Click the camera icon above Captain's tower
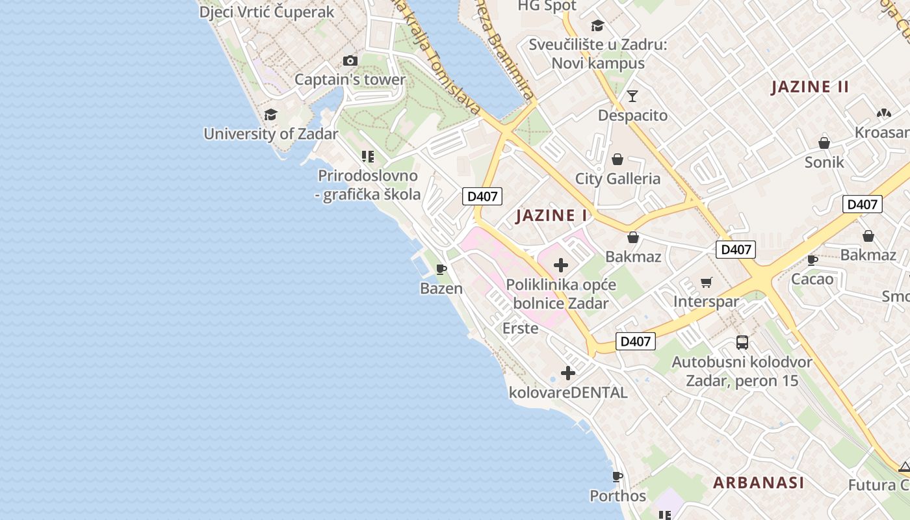click(x=350, y=60)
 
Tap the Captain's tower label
click(x=350, y=80)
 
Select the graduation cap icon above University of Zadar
click(x=270, y=115)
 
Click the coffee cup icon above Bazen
click(x=441, y=269)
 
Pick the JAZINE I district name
click(x=551, y=216)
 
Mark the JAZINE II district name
click(x=810, y=87)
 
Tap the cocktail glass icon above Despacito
click(x=632, y=96)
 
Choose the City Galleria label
click(x=617, y=179)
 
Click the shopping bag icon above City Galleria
click(x=617, y=159)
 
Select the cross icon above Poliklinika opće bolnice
click(x=561, y=265)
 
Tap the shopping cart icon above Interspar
click(x=707, y=282)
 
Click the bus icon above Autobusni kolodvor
click(x=742, y=342)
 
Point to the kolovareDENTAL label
click(x=568, y=393)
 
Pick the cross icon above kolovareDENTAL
click(x=568, y=373)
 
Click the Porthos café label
click(x=617, y=496)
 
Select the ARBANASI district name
click(x=759, y=483)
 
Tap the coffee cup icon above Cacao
click(x=812, y=260)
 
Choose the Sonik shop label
click(x=824, y=162)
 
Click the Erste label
click(x=521, y=328)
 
